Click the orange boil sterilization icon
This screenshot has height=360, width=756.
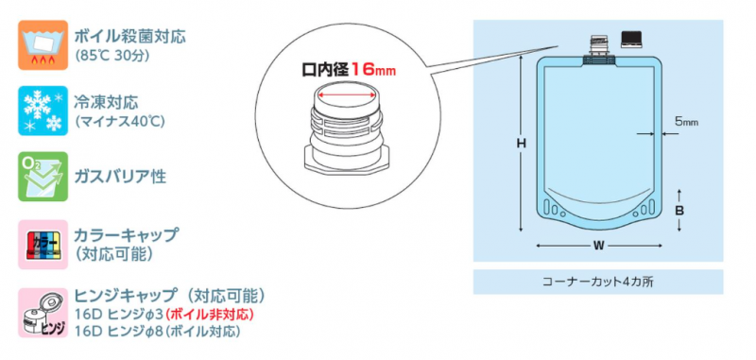tap(43, 44)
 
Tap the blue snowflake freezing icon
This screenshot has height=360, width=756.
tap(43, 111)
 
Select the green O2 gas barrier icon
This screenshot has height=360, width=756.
tap(43, 177)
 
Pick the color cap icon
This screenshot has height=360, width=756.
tap(43, 245)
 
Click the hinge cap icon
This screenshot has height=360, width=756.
tap(43, 313)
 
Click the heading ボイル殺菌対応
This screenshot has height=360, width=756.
tap(129, 37)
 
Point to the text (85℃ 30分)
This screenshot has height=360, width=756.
tap(112, 56)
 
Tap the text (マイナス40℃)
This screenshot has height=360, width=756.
tap(120, 121)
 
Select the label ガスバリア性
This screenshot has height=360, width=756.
tap(120, 177)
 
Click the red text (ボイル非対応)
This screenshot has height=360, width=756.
tap(209, 316)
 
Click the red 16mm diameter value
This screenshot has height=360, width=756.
tap(372, 70)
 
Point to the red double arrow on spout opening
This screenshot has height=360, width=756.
tap(345, 95)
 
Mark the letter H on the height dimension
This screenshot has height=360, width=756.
tap(522, 143)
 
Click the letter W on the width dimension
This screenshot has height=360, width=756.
tap(598, 246)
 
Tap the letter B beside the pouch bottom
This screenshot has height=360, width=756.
tap(679, 211)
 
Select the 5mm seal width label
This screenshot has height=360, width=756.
tap(687, 122)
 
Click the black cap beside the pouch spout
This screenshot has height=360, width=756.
tap(630, 39)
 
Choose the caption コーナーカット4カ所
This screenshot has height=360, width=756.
tap(598, 282)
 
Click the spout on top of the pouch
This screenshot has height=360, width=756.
tap(599, 49)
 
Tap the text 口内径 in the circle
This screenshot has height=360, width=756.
tap(324, 70)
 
